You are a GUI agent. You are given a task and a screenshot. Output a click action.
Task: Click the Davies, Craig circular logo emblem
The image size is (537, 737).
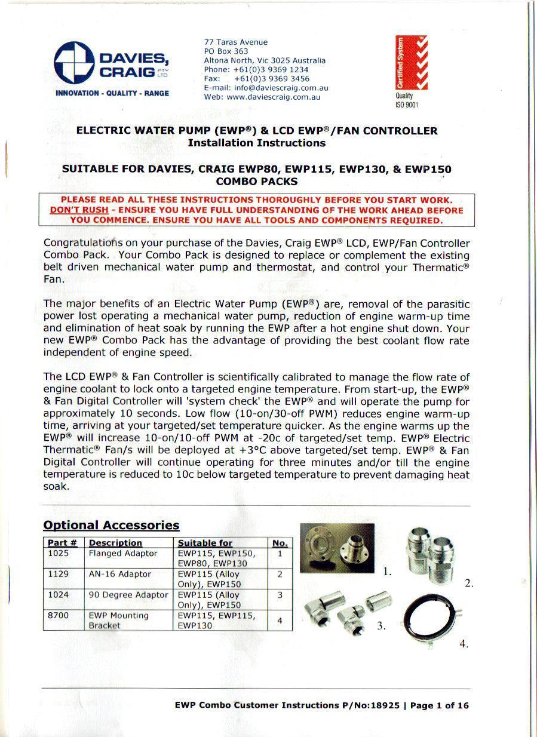[x=73, y=63]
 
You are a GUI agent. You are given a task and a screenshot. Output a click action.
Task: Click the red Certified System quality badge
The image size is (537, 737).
[x=407, y=63]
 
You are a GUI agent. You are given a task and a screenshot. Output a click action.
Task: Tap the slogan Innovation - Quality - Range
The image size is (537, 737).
[x=112, y=94]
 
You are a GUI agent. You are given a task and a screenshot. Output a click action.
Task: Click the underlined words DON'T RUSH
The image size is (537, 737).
[x=79, y=210]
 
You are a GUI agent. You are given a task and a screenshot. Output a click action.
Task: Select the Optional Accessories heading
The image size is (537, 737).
[x=111, y=526]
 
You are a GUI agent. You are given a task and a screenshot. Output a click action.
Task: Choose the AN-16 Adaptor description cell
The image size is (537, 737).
[x=119, y=574]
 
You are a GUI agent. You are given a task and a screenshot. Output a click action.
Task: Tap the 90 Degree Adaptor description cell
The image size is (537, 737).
[x=128, y=595]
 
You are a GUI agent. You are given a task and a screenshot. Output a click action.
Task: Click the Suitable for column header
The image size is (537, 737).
[x=205, y=543]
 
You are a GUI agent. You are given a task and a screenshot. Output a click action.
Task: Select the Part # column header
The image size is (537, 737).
[x=62, y=543]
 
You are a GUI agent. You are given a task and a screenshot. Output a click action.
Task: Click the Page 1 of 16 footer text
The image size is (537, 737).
[x=439, y=705]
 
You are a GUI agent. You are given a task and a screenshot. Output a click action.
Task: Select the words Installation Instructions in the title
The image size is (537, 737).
[x=256, y=143]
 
